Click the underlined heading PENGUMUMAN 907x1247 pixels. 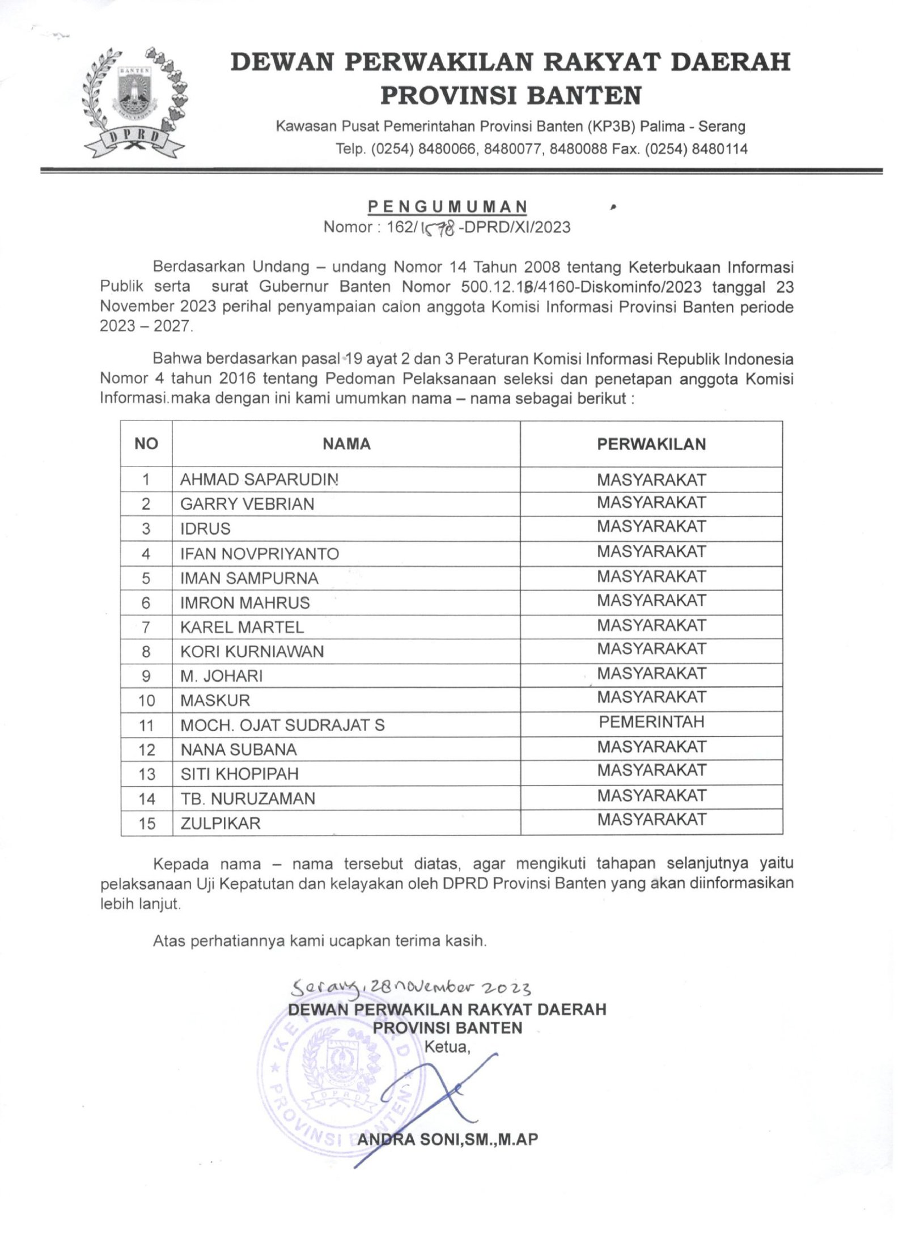pos(447,207)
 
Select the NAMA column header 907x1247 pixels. pos(346,444)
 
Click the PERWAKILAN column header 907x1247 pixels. pos(651,444)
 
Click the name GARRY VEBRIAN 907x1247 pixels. pos(247,504)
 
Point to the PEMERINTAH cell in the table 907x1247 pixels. pos(651,722)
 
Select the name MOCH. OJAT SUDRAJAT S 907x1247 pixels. pos(282,725)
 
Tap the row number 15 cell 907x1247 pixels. pos(147,823)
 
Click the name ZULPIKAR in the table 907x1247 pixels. pos(221,823)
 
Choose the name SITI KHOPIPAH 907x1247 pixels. pos(239,774)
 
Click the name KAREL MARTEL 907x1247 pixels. pos(242,627)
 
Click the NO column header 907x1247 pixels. pos(146,444)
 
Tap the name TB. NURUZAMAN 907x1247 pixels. pos(248,799)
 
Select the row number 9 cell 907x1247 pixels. pos(147,676)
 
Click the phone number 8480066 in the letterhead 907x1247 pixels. pos(446,149)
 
